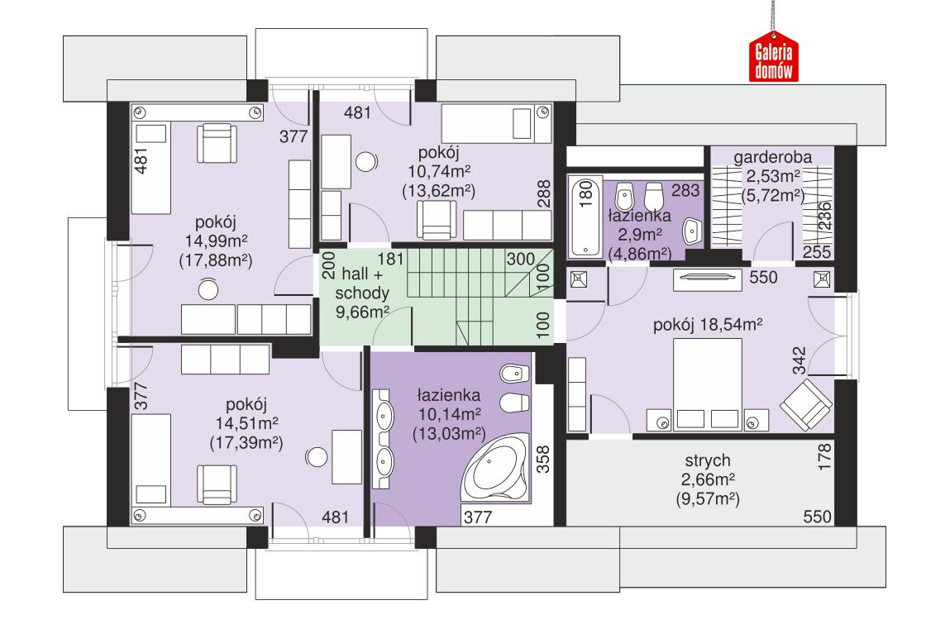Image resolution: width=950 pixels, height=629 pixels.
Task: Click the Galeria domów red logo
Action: point(774,58)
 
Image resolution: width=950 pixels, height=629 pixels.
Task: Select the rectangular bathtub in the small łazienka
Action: point(586,216)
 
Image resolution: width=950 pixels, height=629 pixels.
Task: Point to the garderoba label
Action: point(772,157)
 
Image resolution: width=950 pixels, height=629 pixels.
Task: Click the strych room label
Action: point(708,460)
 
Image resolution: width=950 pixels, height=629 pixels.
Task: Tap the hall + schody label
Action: point(362,284)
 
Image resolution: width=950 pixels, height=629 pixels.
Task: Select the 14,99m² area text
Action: point(216,241)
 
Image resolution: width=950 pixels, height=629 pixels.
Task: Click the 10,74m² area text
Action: point(439,171)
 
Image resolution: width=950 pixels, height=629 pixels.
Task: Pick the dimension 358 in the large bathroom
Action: point(543,460)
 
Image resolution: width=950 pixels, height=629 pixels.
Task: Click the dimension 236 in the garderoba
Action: point(824,216)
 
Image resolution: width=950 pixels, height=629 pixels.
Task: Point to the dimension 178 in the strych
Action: point(824,456)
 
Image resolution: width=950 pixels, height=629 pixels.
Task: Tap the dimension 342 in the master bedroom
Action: point(800,360)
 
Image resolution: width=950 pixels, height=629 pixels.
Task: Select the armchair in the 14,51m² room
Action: point(217,484)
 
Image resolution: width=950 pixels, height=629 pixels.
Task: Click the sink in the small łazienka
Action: point(691,231)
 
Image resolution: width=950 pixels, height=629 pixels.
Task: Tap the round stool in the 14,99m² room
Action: point(208,288)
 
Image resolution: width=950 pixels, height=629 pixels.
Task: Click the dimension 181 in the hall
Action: point(390,259)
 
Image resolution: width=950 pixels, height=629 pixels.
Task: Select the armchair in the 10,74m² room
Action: point(437,219)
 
